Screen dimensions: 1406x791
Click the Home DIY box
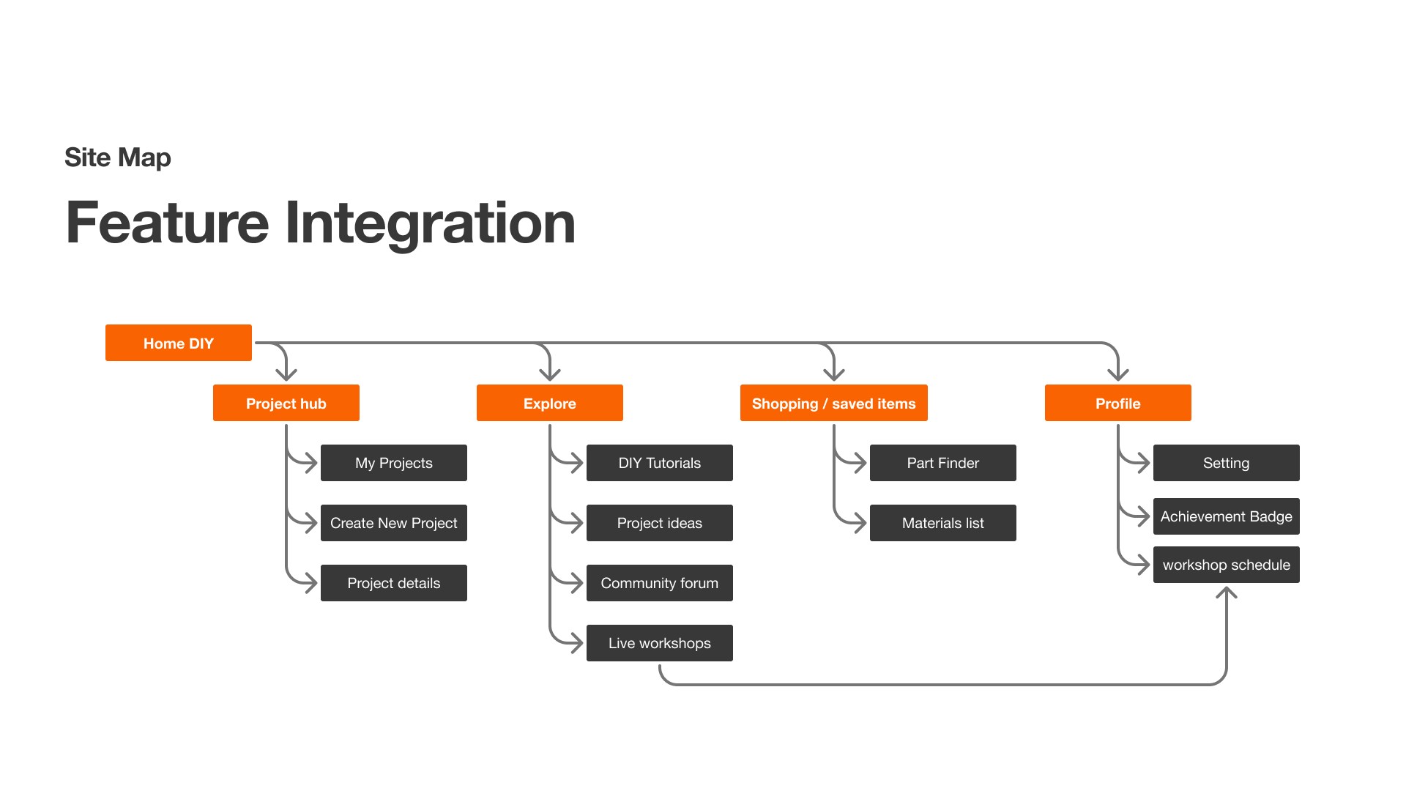click(179, 343)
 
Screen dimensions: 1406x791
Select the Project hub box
click(286, 403)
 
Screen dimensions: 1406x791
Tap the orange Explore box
click(550, 403)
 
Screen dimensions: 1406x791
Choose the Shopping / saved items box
click(834, 403)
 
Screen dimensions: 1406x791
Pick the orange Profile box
click(1118, 403)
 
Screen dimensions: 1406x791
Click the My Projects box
click(394, 463)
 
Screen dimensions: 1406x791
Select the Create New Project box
click(394, 523)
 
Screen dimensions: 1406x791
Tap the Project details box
click(394, 583)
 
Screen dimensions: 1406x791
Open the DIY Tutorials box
click(660, 463)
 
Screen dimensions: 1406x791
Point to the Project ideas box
click(660, 523)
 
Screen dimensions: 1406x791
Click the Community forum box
click(660, 583)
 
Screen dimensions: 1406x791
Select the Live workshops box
click(660, 643)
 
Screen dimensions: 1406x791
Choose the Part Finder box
click(943, 463)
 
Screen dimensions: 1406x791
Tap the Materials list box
click(943, 523)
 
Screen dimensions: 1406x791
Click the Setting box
click(1227, 463)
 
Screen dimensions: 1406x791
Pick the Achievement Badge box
click(1227, 516)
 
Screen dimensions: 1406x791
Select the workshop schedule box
click(1227, 565)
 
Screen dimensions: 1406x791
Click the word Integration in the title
click(430, 224)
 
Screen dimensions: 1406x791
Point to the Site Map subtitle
click(118, 157)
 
